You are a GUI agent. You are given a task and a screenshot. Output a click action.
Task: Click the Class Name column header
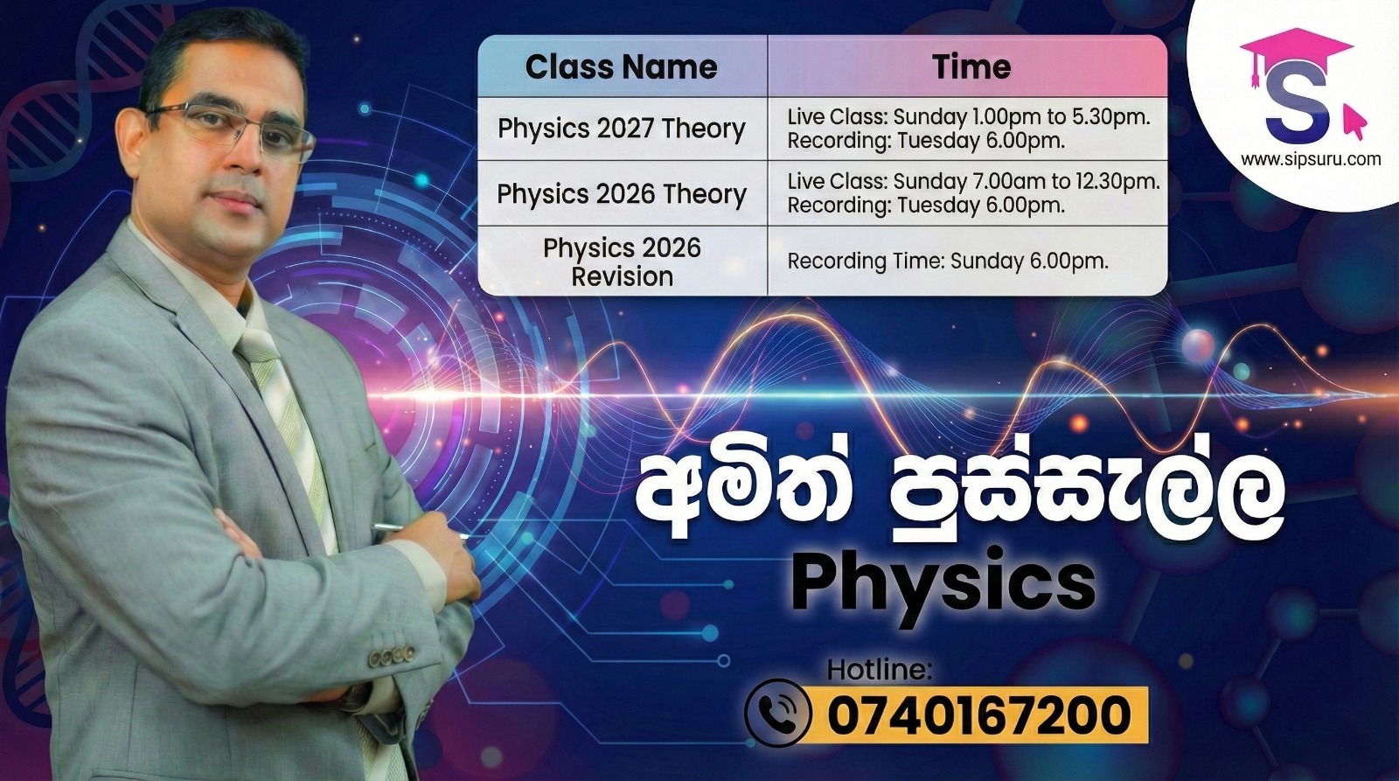pyautogui.click(x=621, y=66)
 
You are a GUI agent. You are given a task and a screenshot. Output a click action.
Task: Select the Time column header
pyautogui.click(x=971, y=66)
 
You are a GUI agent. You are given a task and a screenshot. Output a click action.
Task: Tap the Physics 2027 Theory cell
pyautogui.click(x=622, y=129)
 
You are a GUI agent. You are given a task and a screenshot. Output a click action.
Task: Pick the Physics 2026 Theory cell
pyautogui.click(x=622, y=193)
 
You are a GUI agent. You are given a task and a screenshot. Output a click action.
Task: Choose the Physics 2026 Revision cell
pyautogui.click(x=622, y=262)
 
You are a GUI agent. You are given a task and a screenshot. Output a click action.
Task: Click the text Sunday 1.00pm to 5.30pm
pyautogui.click(x=1022, y=116)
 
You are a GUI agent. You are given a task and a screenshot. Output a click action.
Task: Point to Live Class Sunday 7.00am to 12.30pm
pyautogui.click(x=974, y=181)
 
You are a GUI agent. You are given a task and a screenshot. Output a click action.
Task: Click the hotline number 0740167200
pyautogui.click(x=978, y=715)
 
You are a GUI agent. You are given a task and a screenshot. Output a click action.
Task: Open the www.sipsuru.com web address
pyautogui.click(x=1311, y=159)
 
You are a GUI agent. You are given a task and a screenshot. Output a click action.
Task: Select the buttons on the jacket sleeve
pyautogui.click(x=391, y=655)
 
